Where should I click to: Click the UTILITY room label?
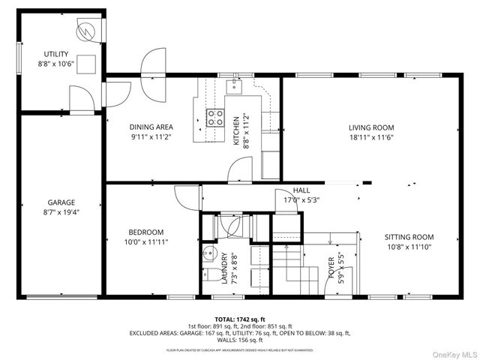[56, 53]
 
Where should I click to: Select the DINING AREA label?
[151, 127]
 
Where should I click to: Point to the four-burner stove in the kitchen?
[215, 117]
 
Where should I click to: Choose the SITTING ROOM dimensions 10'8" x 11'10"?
[409, 247]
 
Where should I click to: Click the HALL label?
[302, 190]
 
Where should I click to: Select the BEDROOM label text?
[146, 232]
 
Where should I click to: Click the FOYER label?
[330, 268]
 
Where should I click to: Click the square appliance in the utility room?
[88, 63]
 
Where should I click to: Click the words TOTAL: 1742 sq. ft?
[240, 319]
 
